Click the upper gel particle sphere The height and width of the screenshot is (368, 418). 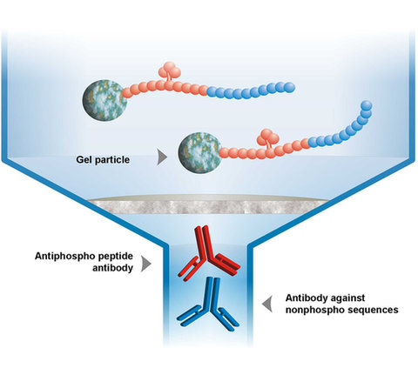click(x=104, y=100)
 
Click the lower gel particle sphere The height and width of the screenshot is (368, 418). click(x=200, y=153)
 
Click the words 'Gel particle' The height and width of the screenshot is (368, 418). click(x=103, y=160)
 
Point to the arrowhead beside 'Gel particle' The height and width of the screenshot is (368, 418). click(x=162, y=157)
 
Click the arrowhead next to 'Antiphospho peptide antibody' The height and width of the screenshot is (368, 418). click(x=146, y=264)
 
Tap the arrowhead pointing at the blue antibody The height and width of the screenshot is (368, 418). click(x=267, y=304)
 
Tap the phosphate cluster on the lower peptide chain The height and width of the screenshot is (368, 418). click(x=268, y=137)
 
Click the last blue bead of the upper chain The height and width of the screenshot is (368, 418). click(x=289, y=87)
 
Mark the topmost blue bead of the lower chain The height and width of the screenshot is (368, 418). click(x=367, y=105)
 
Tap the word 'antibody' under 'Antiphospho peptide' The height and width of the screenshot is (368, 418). click(x=112, y=268)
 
